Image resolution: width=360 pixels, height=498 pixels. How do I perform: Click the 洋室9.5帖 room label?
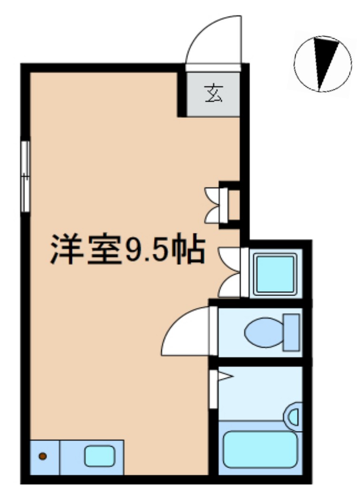tap(127, 249)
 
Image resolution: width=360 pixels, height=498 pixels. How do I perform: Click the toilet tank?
tap(292, 332)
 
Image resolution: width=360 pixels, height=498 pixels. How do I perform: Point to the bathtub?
tap(260, 449)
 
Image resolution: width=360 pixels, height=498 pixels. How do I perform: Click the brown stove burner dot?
tap(43, 456)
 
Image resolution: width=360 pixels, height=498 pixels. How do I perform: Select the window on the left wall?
tap(25, 176)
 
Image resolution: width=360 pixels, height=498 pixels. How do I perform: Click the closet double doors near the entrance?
tap(213, 205)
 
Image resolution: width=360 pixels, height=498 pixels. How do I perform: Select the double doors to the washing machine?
tap(230, 272)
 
